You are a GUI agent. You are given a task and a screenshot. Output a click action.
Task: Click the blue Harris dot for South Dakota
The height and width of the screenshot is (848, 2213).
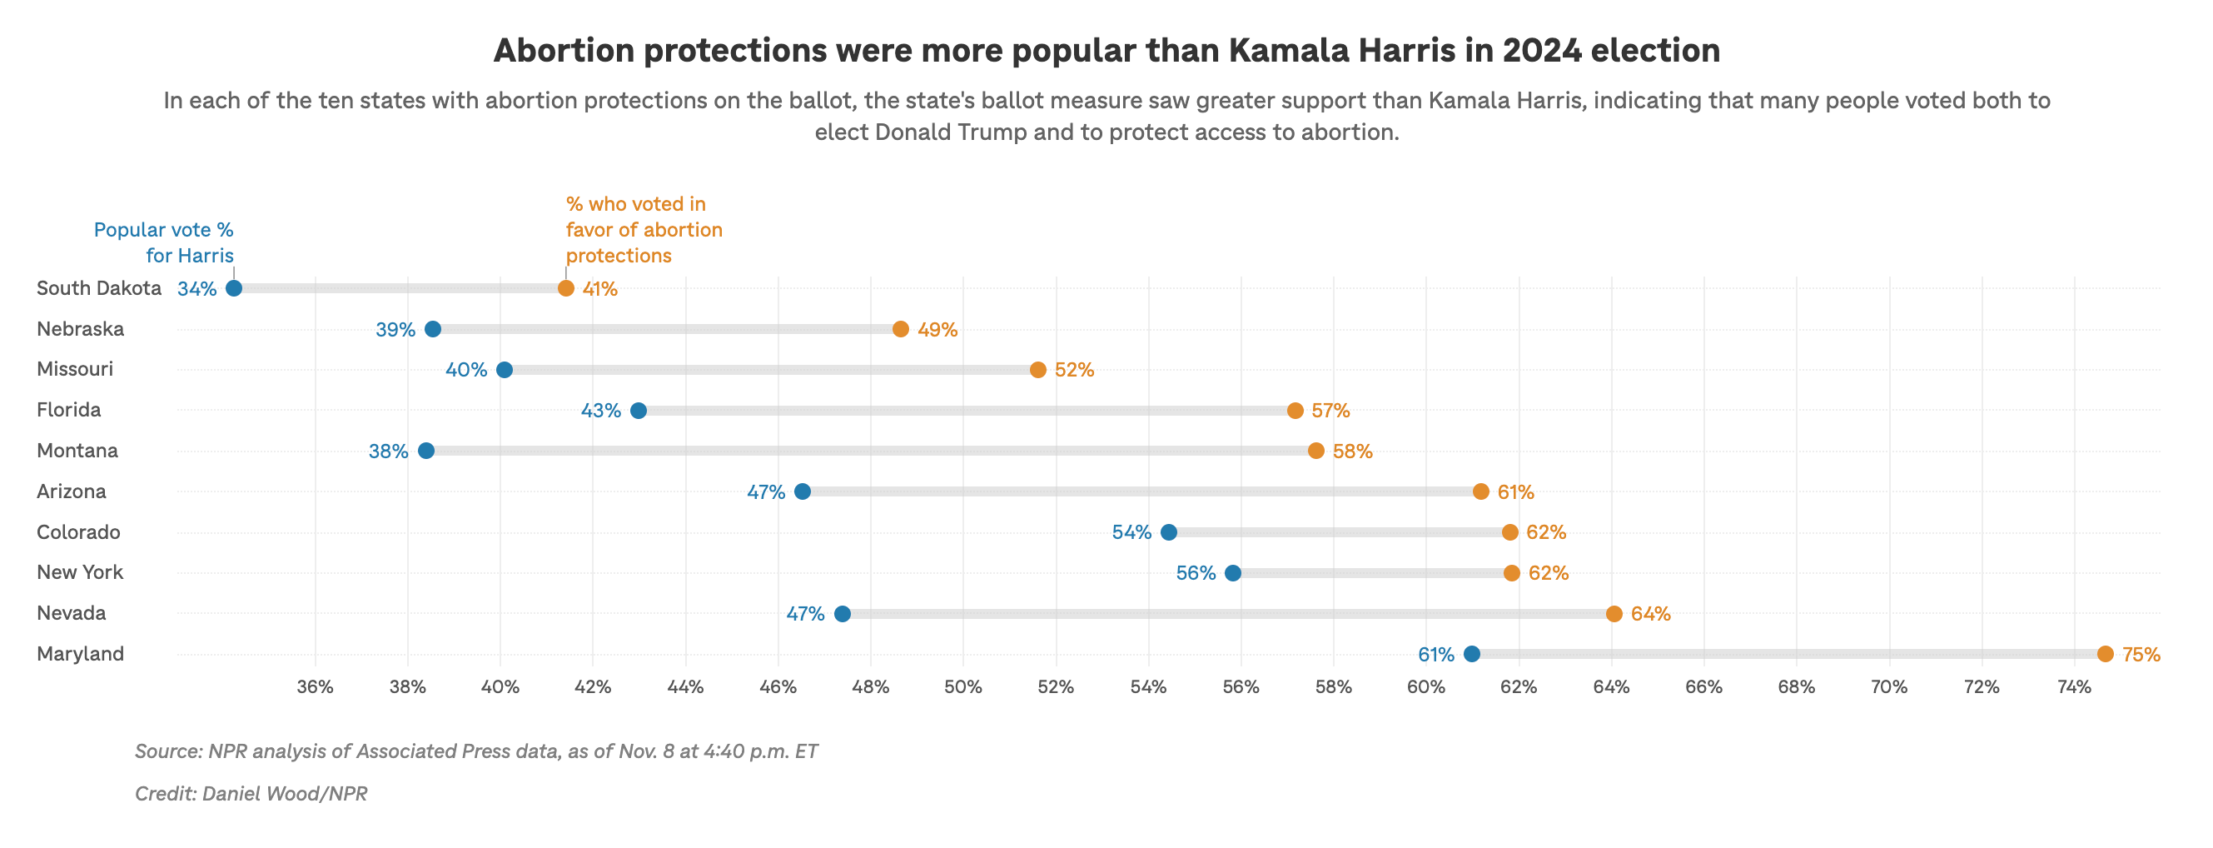pyautogui.click(x=234, y=288)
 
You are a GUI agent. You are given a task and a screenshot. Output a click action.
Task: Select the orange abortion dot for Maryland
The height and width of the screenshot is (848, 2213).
pyautogui.click(x=2105, y=654)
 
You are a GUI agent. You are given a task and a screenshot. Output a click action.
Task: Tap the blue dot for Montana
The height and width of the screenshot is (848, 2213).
pyautogui.click(x=426, y=451)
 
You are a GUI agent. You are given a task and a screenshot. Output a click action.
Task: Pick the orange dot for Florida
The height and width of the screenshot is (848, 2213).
pyautogui.click(x=1295, y=411)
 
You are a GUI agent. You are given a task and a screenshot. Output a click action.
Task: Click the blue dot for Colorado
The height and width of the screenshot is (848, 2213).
pyautogui.click(x=1168, y=532)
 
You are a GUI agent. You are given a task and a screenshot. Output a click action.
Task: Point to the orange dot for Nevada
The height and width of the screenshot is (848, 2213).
pyautogui.click(x=1614, y=613)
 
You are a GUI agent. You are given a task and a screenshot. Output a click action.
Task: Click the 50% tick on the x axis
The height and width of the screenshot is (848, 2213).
pyautogui.click(x=963, y=687)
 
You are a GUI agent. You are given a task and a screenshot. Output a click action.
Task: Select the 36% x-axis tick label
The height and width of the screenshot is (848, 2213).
pyautogui.click(x=315, y=687)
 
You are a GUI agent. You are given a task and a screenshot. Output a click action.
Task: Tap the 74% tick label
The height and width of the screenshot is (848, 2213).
pyautogui.click(x=2074, y=687)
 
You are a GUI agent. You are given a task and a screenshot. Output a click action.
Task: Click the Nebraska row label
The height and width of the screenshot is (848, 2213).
pyautogui.click(x=80, y=329)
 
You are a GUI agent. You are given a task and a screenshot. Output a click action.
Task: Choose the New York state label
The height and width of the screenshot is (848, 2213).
pyautogui.click(x=80, y=572)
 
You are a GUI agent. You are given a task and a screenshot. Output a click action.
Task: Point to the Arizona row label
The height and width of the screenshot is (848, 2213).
pyautogui.click(x=72, y=491)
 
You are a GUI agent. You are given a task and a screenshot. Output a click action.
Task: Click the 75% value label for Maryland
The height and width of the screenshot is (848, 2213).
pyautogui.click(x=2141, y=655)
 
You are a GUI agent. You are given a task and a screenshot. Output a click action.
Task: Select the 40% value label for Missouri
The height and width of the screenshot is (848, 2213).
pyautogui.click(x=465, y=371)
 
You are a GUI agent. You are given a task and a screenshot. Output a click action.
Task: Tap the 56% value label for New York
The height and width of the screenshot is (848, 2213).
pyautogui.click(x=1195, y=573)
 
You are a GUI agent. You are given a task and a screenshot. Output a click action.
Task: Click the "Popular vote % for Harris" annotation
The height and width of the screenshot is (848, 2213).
pyautogui.click(x=164, y=242)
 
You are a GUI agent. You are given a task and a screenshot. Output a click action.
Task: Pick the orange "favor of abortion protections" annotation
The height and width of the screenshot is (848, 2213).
pyautogui.click(x=643, y=229)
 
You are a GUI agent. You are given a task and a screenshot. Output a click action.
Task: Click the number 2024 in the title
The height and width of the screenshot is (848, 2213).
pyautogui.click(x=1541, y=51)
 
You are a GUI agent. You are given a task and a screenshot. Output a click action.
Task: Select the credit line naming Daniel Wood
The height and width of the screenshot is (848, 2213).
pyautogui.click(x=251, y=793)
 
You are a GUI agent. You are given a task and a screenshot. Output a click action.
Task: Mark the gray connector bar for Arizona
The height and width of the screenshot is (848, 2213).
pyautogui.click(x=1141, y=491)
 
